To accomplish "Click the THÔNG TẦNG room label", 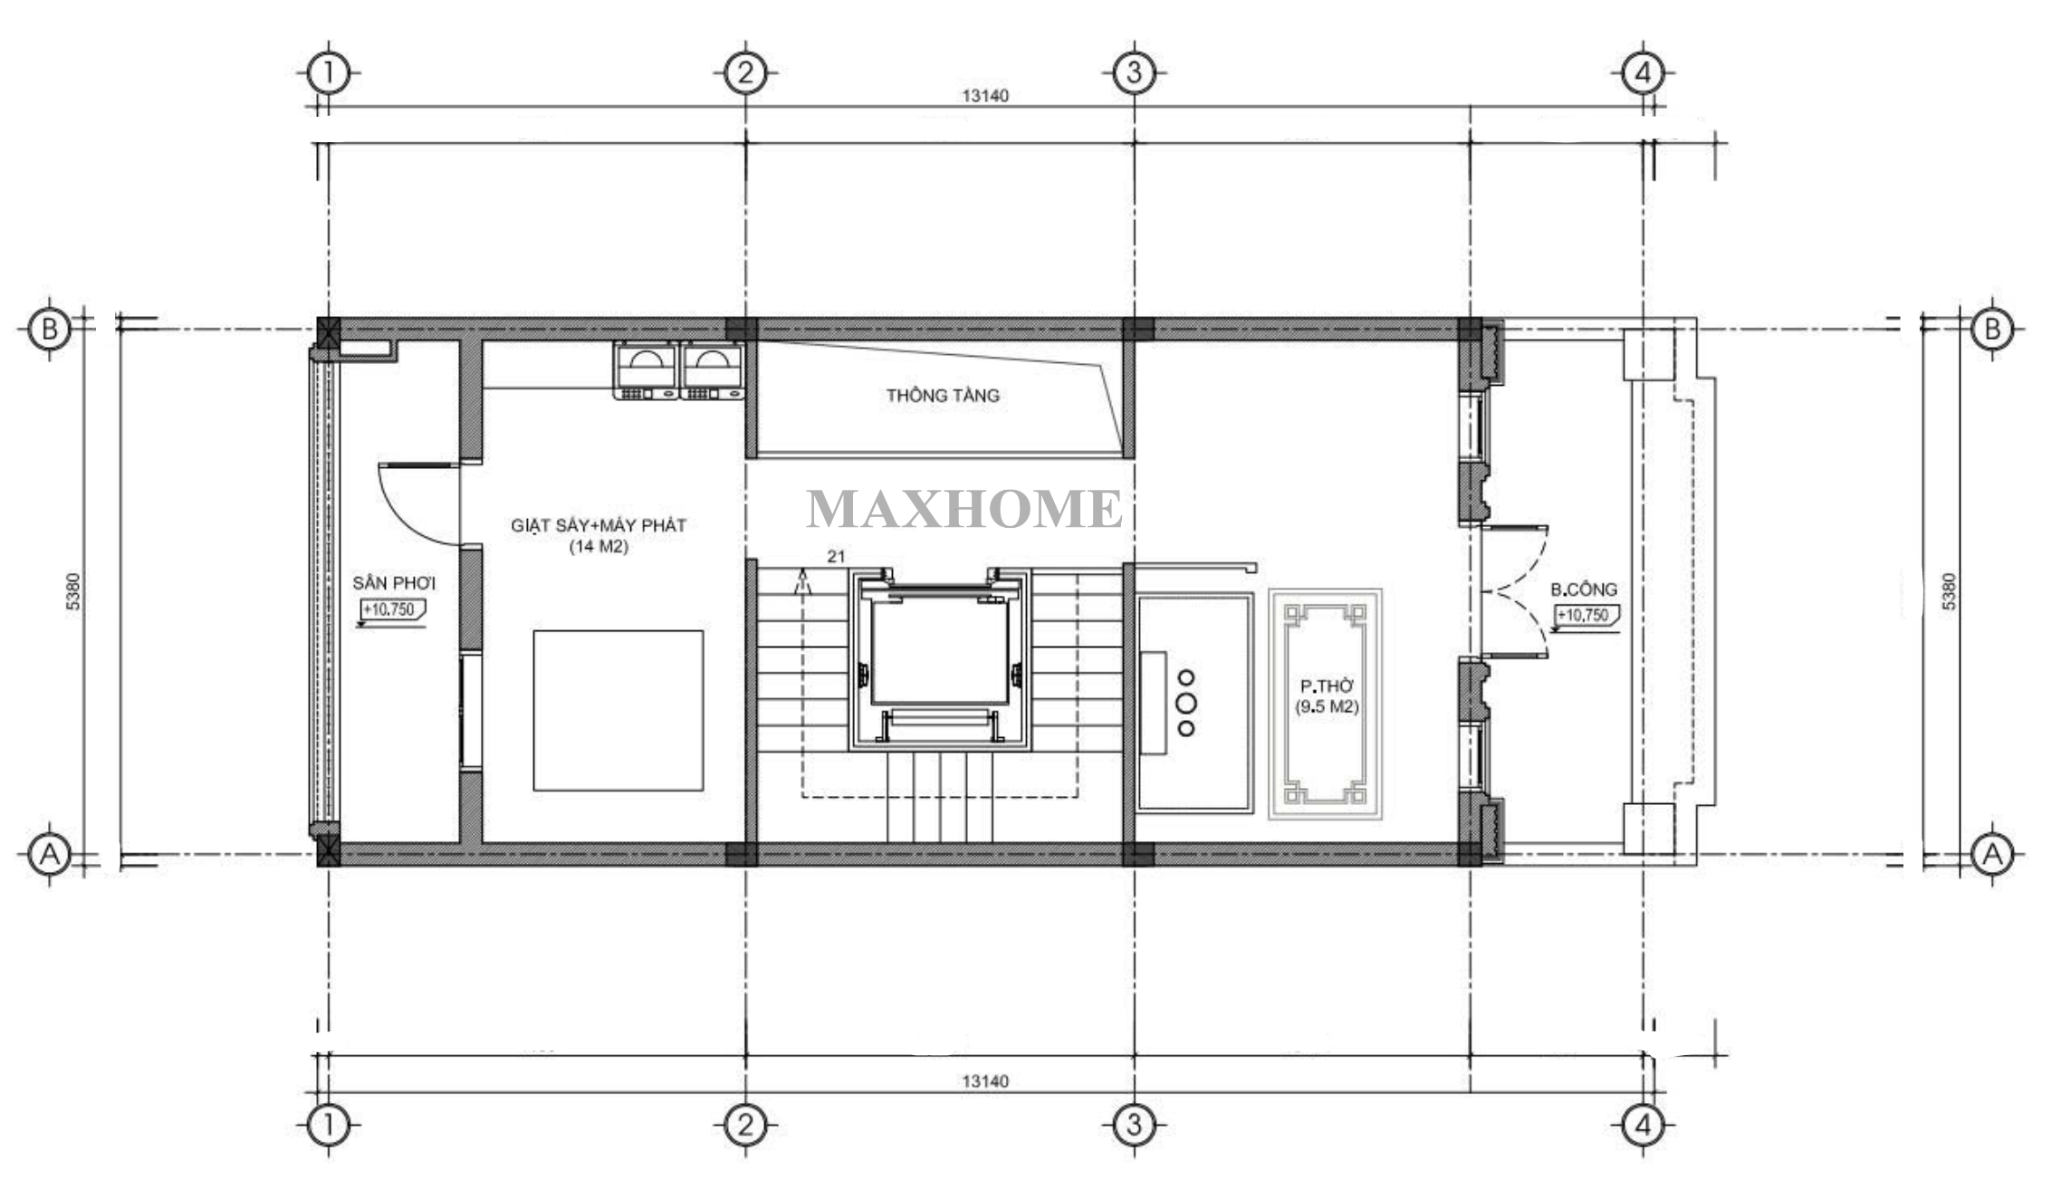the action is coord(943,395).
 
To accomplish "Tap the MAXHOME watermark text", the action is coord(964,508).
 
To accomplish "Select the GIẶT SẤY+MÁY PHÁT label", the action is coord(599,525).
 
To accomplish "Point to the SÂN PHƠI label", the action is coord(394,582).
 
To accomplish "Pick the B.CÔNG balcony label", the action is coord(1584,590).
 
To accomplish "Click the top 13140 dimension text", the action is coord(985,95).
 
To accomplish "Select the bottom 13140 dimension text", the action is coord(985,1080).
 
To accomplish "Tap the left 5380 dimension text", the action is coord(73,591).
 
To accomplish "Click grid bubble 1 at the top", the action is coord(329,72).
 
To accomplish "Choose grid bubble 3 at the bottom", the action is coord(1134,1126).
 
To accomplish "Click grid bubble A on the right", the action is coord(1992,853).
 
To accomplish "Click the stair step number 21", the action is coord(836,556).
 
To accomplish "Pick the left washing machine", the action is coord(646,370).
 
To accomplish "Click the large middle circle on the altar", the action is coord(1185,703).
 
